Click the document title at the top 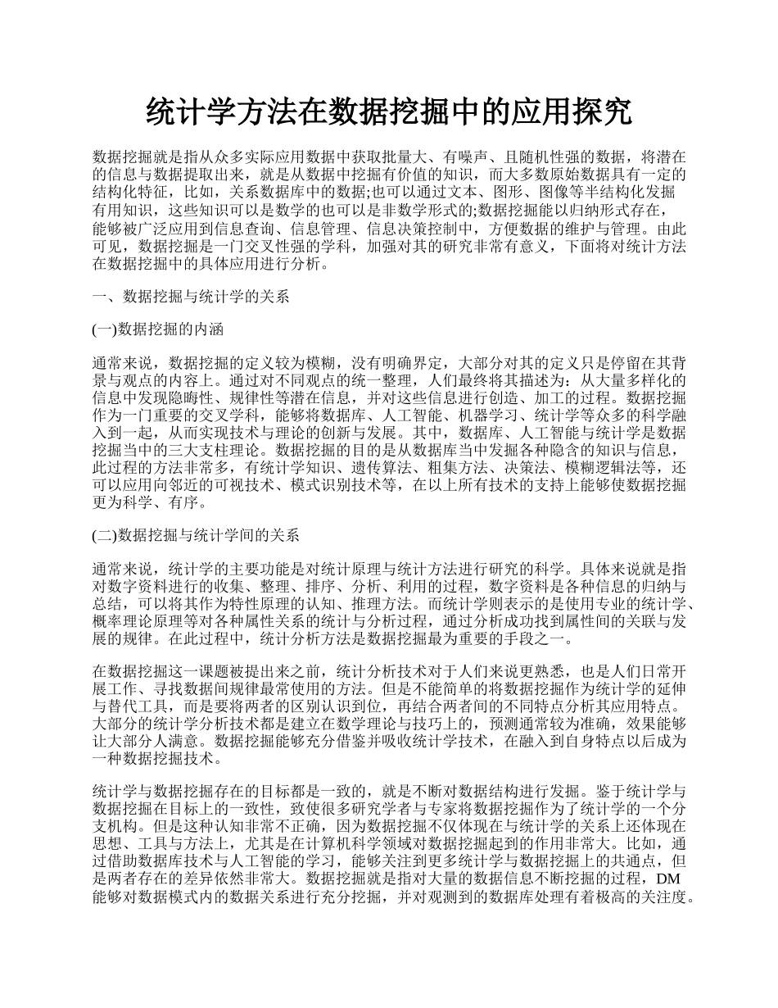[x=389, y=111]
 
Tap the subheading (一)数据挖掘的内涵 [x=155, y=329]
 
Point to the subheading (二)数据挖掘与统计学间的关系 [x=196, y=536]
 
